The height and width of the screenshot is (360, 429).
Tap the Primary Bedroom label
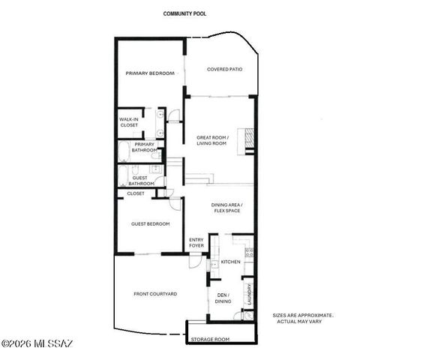tap(150, 73)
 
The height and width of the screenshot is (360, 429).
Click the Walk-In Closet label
tap(129, 122)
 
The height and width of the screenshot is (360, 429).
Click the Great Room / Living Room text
tap(211, 140)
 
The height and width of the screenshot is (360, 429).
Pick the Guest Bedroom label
tap(150, 223)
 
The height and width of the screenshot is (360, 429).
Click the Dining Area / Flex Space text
tap(226, 208)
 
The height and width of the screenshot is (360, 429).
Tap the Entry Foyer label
tap(196, 242)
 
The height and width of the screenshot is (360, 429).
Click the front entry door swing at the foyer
tap(196, 262)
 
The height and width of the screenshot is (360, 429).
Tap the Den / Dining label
tap(223, 298)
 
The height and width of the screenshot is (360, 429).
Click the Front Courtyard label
tap(155, 294)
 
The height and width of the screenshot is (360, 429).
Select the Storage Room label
tap(210, 340)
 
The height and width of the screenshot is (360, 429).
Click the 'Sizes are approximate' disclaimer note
tap(303, 318)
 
